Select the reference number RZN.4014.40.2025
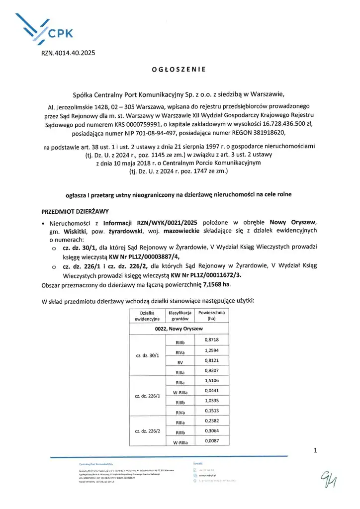65,52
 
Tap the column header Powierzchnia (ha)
211,315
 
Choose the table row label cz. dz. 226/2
148,430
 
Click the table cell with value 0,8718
212,340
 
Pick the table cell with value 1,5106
212,381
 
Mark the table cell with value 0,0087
212,440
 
